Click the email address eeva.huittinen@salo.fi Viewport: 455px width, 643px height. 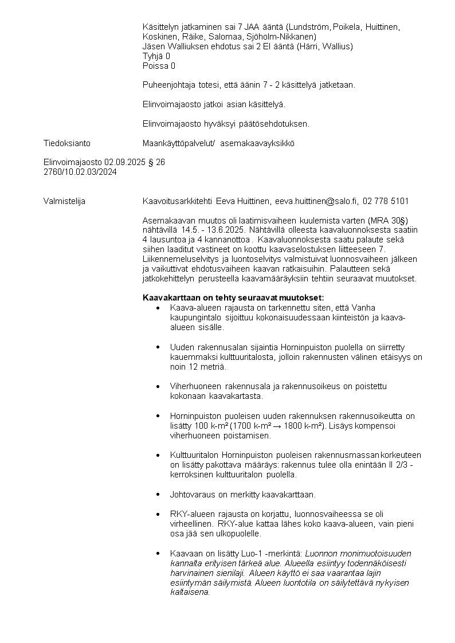(x=316, y=201)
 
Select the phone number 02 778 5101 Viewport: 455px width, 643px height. (x=386, y=201)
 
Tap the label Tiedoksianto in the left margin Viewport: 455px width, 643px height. (x=66, y=143)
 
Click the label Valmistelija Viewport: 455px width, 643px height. (x=65, y=201)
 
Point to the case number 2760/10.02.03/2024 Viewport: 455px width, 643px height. (x=80, y=171)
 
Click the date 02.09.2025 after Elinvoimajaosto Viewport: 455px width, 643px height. (x=125, y=162)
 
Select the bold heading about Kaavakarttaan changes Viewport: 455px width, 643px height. (x=233, y=298)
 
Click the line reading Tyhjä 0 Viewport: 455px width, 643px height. (x=156, y=56)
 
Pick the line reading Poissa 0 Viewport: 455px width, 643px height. (x=159, y=66)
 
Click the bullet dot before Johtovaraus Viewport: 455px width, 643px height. (x=158, y=494)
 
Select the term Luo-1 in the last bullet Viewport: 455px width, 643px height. (x=245, y=554)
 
